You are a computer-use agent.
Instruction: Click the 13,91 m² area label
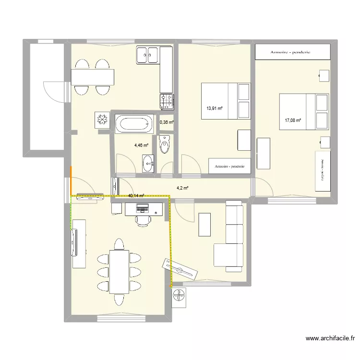(215, 108)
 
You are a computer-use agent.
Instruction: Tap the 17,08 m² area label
(292, 120)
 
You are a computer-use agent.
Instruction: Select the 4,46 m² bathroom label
(141, 145)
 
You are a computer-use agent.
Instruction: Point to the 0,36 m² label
(167, 122)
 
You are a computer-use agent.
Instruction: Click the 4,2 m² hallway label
(183, 188)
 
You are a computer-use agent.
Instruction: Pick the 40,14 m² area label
(136, 196)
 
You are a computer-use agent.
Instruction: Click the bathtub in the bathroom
(134, 124)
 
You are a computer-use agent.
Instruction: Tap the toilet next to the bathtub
(165, 144)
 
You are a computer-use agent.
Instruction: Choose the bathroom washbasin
(148, 163)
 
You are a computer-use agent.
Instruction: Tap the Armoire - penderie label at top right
(293, 52)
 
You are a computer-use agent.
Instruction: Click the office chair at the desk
(143, 219)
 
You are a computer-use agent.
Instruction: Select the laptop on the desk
(142, 208)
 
